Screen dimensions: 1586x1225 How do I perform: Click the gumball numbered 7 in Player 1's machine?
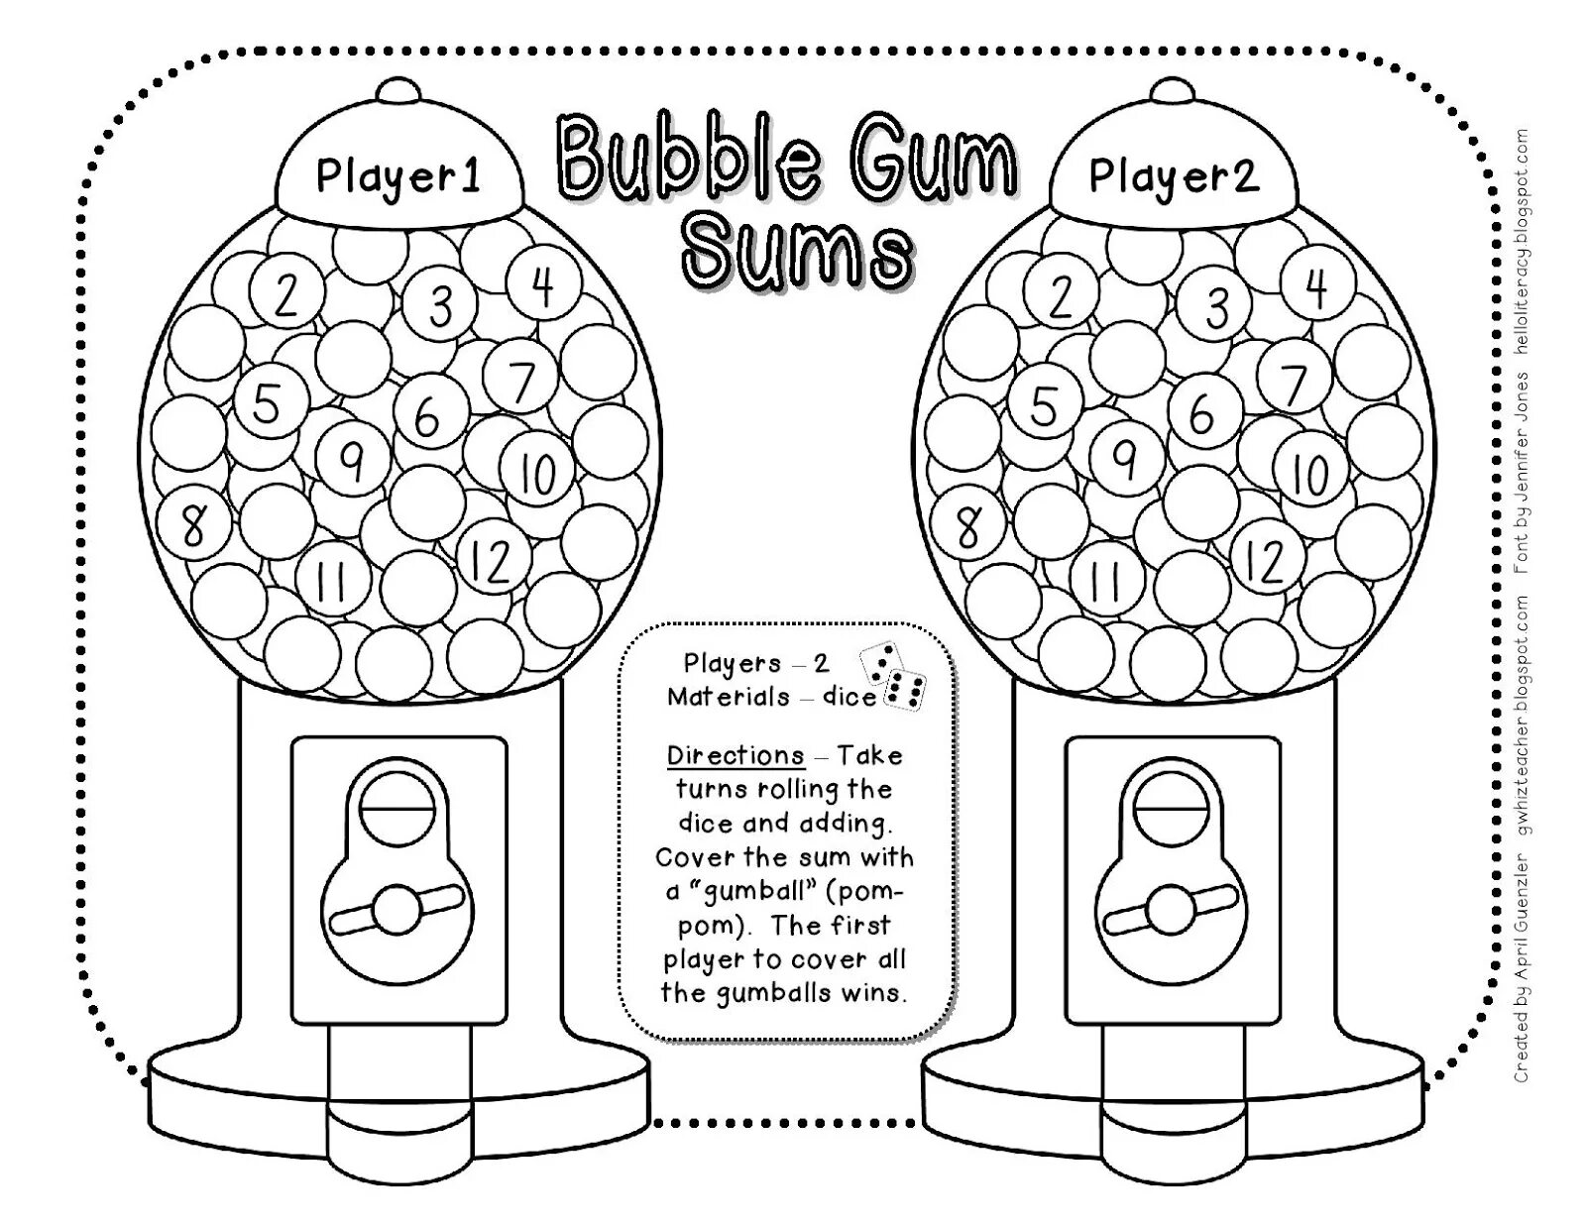click(520, 381)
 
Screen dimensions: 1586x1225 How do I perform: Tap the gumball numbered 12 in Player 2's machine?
click(1265, 561)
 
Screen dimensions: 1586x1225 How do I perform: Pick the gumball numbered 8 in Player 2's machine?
click(969, 526)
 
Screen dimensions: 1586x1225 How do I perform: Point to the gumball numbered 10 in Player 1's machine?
click(536, 474)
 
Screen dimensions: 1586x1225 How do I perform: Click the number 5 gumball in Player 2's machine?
click(1043, 405)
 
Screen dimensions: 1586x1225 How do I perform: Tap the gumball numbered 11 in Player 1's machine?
click(330, 580)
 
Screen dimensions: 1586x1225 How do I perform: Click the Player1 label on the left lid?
click(397, 176)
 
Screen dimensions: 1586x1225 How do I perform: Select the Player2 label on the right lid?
click(1173, 176)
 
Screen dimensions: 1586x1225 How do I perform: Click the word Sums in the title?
click(796, 253)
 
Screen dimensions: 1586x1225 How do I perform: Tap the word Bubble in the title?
click(688, 159)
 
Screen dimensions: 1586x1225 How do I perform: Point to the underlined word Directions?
click(736, 755)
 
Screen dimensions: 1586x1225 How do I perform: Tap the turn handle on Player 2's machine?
click(1173, 909)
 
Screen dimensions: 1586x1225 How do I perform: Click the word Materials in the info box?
click(729, 697)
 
